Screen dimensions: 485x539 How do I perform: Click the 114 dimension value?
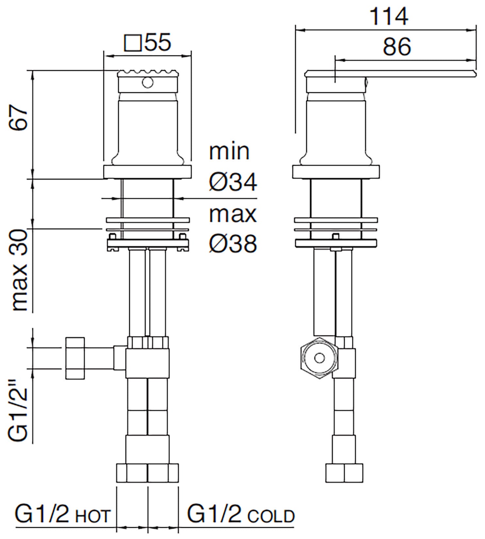389,17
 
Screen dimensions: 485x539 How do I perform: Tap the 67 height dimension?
19,118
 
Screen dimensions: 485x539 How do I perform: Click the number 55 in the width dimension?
158,42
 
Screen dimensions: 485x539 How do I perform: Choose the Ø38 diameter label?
233,243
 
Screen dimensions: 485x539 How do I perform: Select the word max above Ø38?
233,214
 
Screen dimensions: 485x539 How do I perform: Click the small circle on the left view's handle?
147,83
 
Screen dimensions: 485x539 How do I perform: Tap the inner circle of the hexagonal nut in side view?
319,358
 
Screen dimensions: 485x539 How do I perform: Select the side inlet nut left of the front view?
75,358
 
